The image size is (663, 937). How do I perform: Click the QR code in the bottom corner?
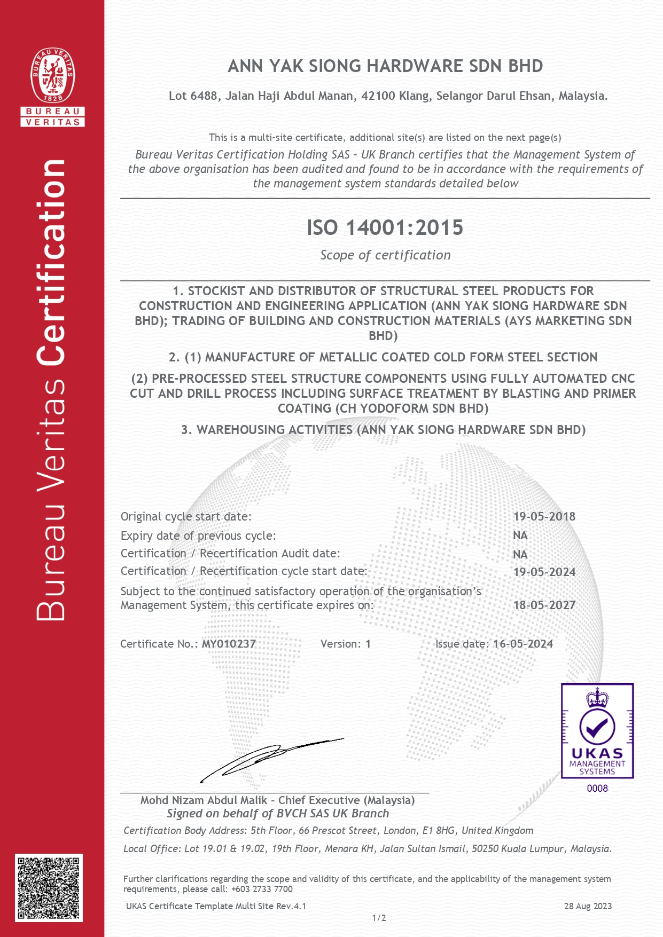point(49,887)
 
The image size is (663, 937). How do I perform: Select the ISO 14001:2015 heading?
point(385,228)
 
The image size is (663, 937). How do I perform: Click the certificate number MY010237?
point(229,644)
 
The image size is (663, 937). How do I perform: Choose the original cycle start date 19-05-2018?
point(544,516)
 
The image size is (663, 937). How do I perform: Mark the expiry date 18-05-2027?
point(544,605)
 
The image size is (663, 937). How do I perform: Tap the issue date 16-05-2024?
point(522,644)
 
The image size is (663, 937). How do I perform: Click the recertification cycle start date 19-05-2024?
point(544,572)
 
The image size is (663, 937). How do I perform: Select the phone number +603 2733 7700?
point(262,889)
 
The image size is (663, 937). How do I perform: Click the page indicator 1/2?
point(379,918)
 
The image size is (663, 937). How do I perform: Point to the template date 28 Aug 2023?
point(588,906)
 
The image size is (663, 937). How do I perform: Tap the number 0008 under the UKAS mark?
point(597,788)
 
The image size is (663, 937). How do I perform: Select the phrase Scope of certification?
point(385,255)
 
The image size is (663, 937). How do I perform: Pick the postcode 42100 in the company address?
point(378,96)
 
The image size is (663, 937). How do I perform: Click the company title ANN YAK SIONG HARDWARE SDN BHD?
point(385,66)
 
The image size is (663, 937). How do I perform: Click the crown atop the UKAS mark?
point(597,697)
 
